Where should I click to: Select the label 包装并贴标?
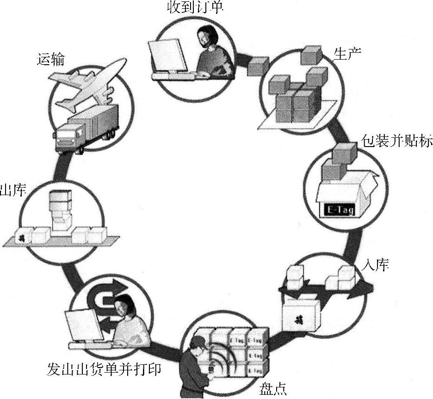click(x=396, y=142)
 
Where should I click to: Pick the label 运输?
click(x=51, y=60)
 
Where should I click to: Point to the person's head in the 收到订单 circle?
click(x=207, y=36)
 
